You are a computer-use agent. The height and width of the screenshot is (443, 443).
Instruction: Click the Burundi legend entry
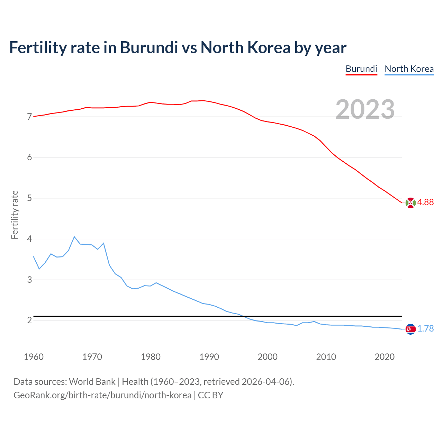(361, 69)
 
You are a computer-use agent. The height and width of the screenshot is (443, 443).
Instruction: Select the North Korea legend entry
(409, 69)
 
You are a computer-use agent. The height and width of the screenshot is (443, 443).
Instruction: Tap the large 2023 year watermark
(365, 109)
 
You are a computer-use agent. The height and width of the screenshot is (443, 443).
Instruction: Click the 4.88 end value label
(425, 202)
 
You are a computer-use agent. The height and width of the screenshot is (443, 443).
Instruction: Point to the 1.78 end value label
(425, 329)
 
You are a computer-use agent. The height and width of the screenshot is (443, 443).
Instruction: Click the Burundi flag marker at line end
(410, 203)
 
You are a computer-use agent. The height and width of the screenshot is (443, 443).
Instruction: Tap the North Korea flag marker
(410, 329)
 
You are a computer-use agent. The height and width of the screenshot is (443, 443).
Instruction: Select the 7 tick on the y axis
(29, 117)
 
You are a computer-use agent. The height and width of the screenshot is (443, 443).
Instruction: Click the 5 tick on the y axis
(29, 198)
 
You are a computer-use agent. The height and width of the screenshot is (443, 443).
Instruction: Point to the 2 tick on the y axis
(29, 320)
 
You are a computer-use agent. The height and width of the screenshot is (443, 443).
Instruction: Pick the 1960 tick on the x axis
(34, 357)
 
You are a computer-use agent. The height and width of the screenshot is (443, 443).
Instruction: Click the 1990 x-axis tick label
(209, 357)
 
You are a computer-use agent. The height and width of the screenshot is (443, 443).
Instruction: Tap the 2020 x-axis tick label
(385, 357)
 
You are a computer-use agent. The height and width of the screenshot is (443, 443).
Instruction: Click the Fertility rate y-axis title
(15, 215)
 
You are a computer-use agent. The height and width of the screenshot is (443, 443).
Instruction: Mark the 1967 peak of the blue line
(74, 237)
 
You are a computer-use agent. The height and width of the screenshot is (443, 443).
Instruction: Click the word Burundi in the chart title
(149, 48)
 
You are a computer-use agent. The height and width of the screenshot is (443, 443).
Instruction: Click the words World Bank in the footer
(92, 382)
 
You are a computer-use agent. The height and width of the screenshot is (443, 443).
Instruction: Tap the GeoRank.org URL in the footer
(102, 395)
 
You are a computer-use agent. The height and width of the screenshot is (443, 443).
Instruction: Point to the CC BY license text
(211, 395)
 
